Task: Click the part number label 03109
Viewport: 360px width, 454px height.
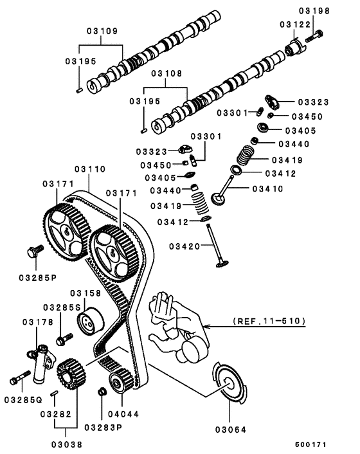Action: pyautogui.click(x=102, y=31)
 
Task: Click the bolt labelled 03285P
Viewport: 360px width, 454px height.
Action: pyautogui.click(x=34, y=250)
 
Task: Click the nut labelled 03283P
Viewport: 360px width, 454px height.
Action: pyautogui.click(x=102, y=392)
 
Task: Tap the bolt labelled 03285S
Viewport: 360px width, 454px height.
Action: pyautogui.click(x=62, y=338)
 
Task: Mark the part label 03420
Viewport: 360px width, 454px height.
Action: pyautogui.click(x=185, y=246)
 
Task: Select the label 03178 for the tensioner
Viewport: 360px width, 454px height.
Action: pyautogui.click(x=35, y=322)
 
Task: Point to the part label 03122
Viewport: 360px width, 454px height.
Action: pyautogui.click(x=294, y=24)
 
